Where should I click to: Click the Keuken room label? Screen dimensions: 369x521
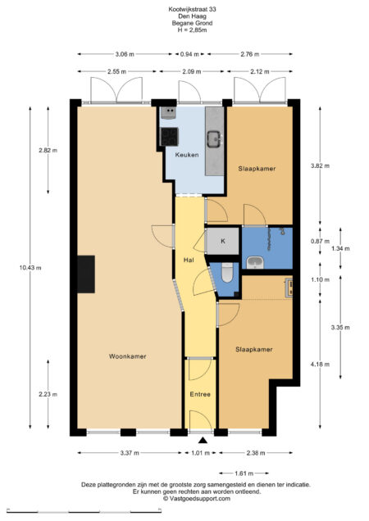[187, 155]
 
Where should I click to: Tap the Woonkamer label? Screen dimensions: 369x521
[128, 356]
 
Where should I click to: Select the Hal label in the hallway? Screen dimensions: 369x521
[189, 260]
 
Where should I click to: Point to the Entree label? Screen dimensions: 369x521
[200, 394]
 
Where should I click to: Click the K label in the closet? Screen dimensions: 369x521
[222, 241]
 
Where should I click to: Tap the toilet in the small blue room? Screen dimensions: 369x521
[227, 272]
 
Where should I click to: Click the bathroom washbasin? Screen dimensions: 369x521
[255, 263]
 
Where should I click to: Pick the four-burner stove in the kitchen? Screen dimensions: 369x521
[170, 137]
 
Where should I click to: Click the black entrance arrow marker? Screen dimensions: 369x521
[203, 441]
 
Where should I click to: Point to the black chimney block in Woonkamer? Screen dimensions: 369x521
[86, 274]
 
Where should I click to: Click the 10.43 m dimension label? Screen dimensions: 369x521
[30, 268]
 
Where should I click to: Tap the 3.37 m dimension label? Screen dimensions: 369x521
[130, 452]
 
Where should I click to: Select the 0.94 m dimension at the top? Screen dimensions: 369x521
[189, 54]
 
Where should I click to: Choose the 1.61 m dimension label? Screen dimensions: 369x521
[244, 473]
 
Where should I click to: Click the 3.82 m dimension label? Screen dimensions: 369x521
[320, 165]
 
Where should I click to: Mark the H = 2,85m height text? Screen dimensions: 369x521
[192, 30]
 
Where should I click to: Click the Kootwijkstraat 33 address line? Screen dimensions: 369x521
[192, 9]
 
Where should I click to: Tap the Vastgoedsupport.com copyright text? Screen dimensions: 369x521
[196, 498]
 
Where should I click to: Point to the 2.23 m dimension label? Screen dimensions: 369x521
[48, 394]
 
